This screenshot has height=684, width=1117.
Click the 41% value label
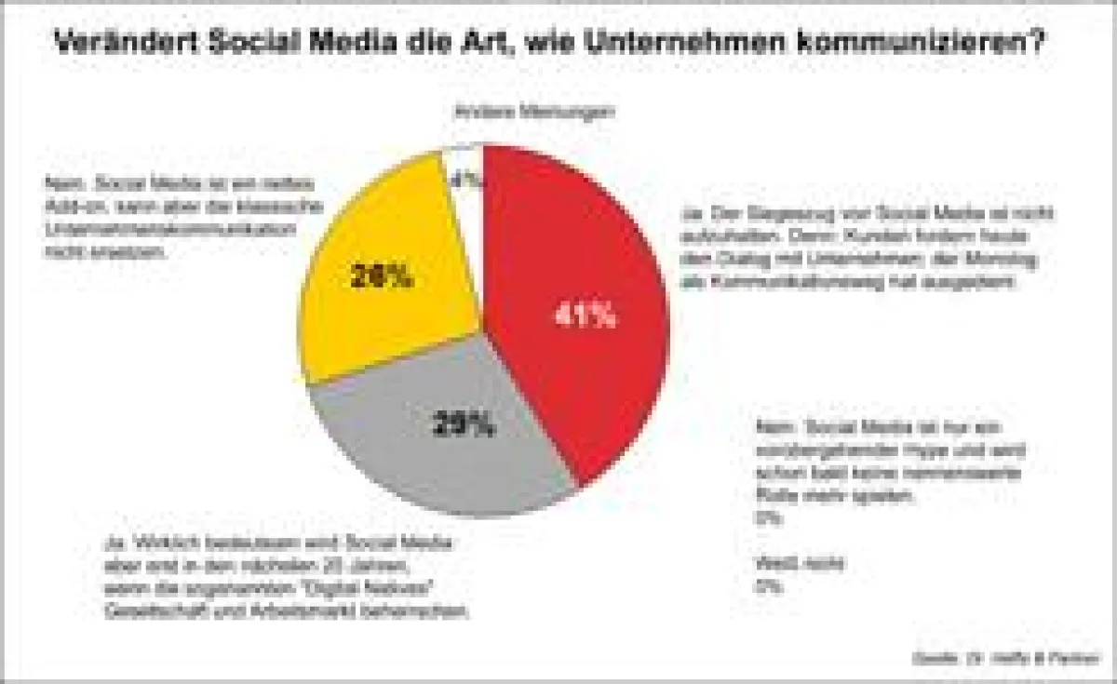pyautogui.click(x=585, y=315)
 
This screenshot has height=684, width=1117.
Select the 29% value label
pyautogui.click(x=464, y=425)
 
